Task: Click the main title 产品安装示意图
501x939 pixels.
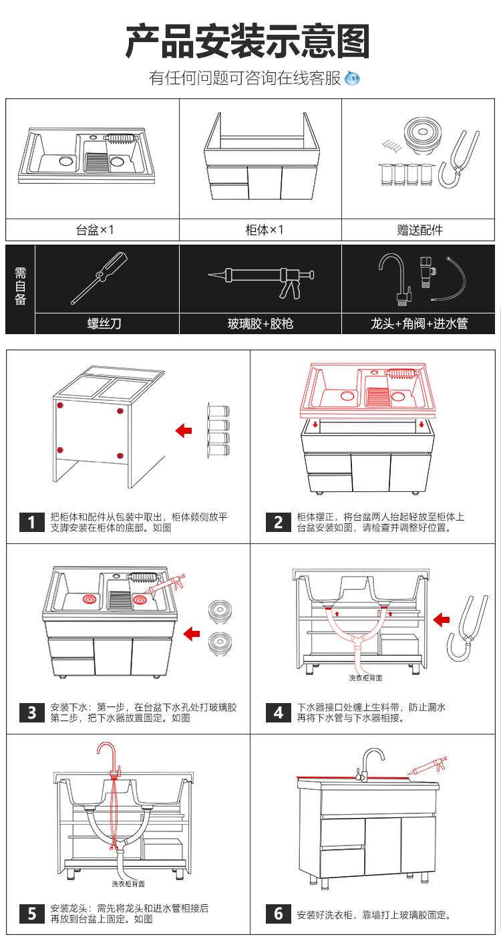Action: (248, 41)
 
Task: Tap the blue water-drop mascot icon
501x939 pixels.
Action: (353, 79)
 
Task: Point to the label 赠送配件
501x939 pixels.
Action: (420, 230)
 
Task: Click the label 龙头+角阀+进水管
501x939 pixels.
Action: (420, 324)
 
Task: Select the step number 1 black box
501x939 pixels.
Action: (31, 521)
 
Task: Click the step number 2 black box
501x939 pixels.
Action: (279, 521)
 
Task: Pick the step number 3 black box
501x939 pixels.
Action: (31, 712)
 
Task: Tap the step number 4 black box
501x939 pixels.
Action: (279, 712)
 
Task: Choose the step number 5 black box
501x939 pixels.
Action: (31, 913)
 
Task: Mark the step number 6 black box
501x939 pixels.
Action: (279, 913)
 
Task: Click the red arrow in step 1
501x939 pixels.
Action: (183, 430)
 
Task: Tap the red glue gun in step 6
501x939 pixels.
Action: (428, 767)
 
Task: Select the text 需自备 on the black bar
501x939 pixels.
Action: (20, 289)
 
